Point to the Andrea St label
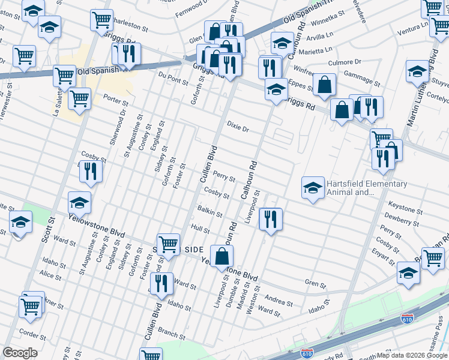(278, 300)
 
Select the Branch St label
(172, 332)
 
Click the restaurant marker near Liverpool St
(271, 218)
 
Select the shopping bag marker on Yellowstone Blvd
(222, 256)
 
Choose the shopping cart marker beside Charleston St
(101, 19)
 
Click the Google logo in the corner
(20, 353)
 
